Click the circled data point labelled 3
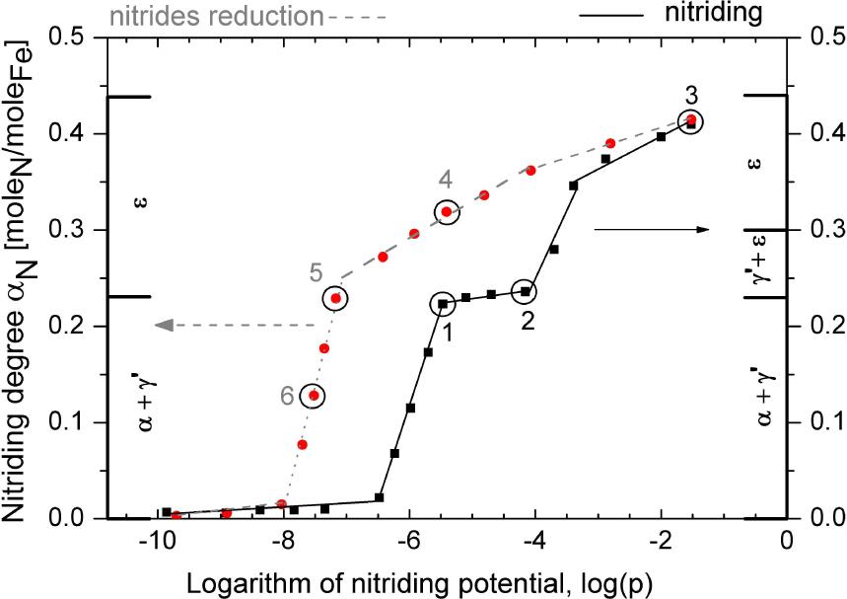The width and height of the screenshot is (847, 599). (x=691, y=121)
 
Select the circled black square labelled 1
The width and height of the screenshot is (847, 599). (x=442, y=304)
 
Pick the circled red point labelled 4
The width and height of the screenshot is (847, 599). (x=447, y=211)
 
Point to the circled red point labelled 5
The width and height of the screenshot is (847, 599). (x=336, y=298)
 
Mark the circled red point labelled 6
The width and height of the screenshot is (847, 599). (x=313, y=395)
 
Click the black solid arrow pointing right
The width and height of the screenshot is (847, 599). (x=652, y=229)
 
